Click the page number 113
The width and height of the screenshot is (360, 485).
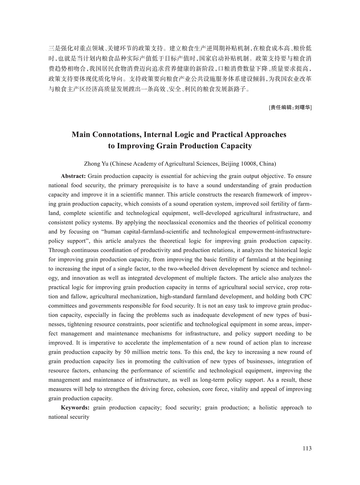[307, 448]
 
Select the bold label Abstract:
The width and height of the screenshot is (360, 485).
[73, 176]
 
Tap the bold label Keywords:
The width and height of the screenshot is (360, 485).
[75, 408]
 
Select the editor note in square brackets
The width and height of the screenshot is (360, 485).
[290, 107]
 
